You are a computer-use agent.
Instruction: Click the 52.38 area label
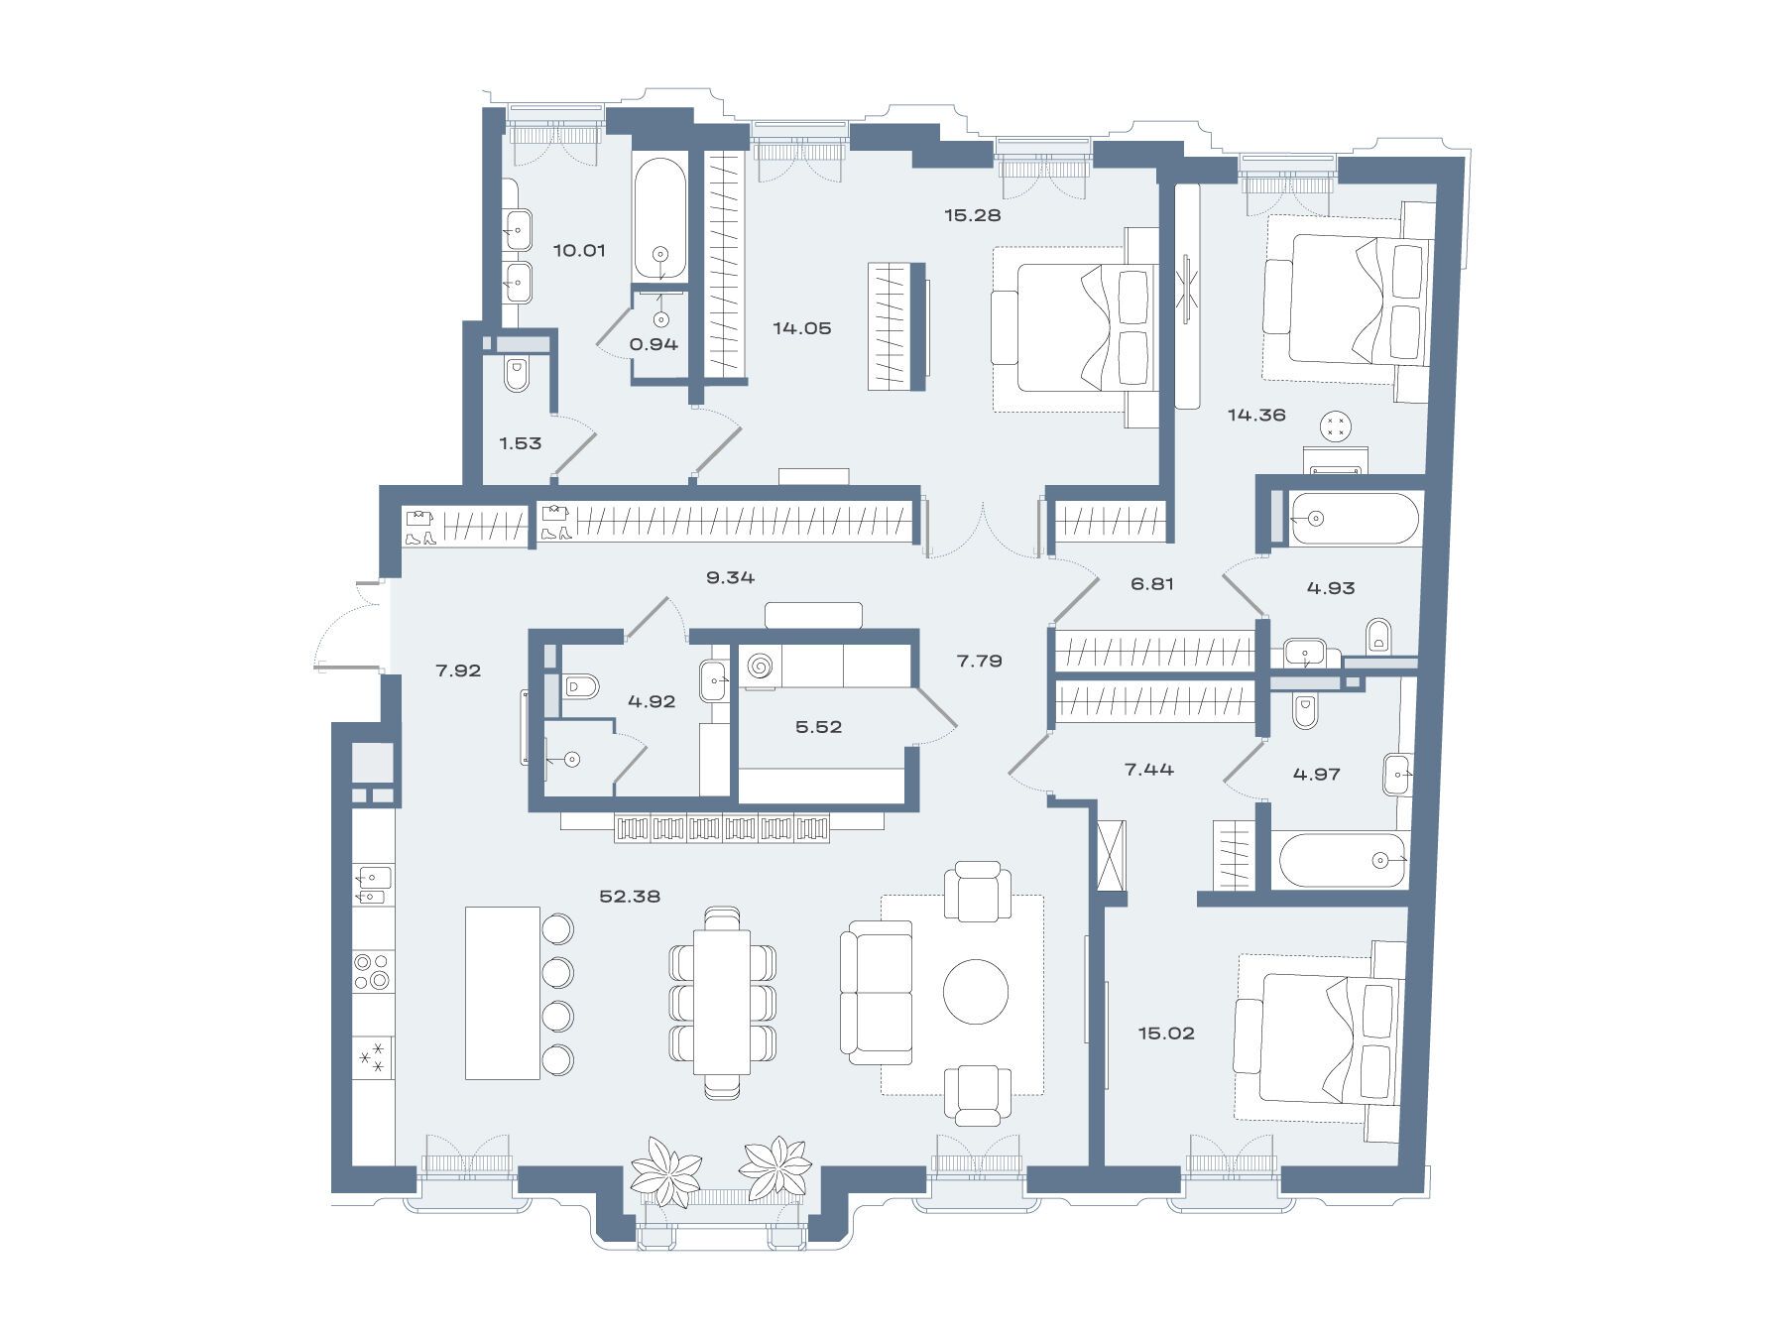point(630,896)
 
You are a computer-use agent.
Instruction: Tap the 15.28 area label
point(972,214)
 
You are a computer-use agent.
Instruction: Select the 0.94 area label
point(654,344)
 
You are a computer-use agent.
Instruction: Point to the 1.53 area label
point(520,443)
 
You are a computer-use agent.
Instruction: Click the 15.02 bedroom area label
point(1166,1033)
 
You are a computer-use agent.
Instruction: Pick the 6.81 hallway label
point(1152,584)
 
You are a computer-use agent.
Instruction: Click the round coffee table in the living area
point(976,992)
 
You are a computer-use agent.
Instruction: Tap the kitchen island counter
point(503,993)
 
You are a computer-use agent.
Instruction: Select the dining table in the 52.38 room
point(722,1002)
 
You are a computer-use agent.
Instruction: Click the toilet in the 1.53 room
point(516,375)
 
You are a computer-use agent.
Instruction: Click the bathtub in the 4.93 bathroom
point(1355,519)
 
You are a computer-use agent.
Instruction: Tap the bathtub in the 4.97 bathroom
point(1343,860)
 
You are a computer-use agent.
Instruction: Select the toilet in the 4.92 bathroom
point(581,686)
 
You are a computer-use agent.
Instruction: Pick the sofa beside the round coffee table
point(877,993)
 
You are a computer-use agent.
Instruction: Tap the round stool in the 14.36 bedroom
point(1336,427)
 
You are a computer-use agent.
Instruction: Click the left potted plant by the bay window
point(666,1170)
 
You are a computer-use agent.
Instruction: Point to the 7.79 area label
point(979,661)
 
